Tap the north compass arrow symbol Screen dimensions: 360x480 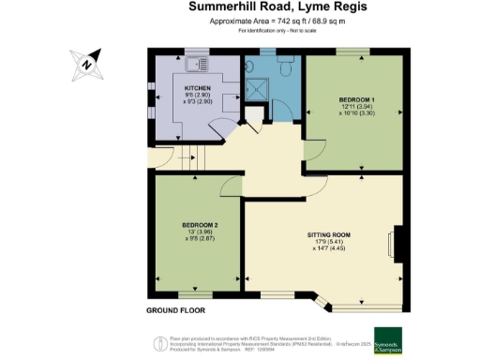tap(85, 63)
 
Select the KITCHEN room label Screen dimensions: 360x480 tap(198, 88)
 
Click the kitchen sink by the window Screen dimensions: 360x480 tap(198, 65)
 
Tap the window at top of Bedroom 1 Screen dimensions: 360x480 tap(354, 52)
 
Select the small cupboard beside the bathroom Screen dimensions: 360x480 tap(250, 116)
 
